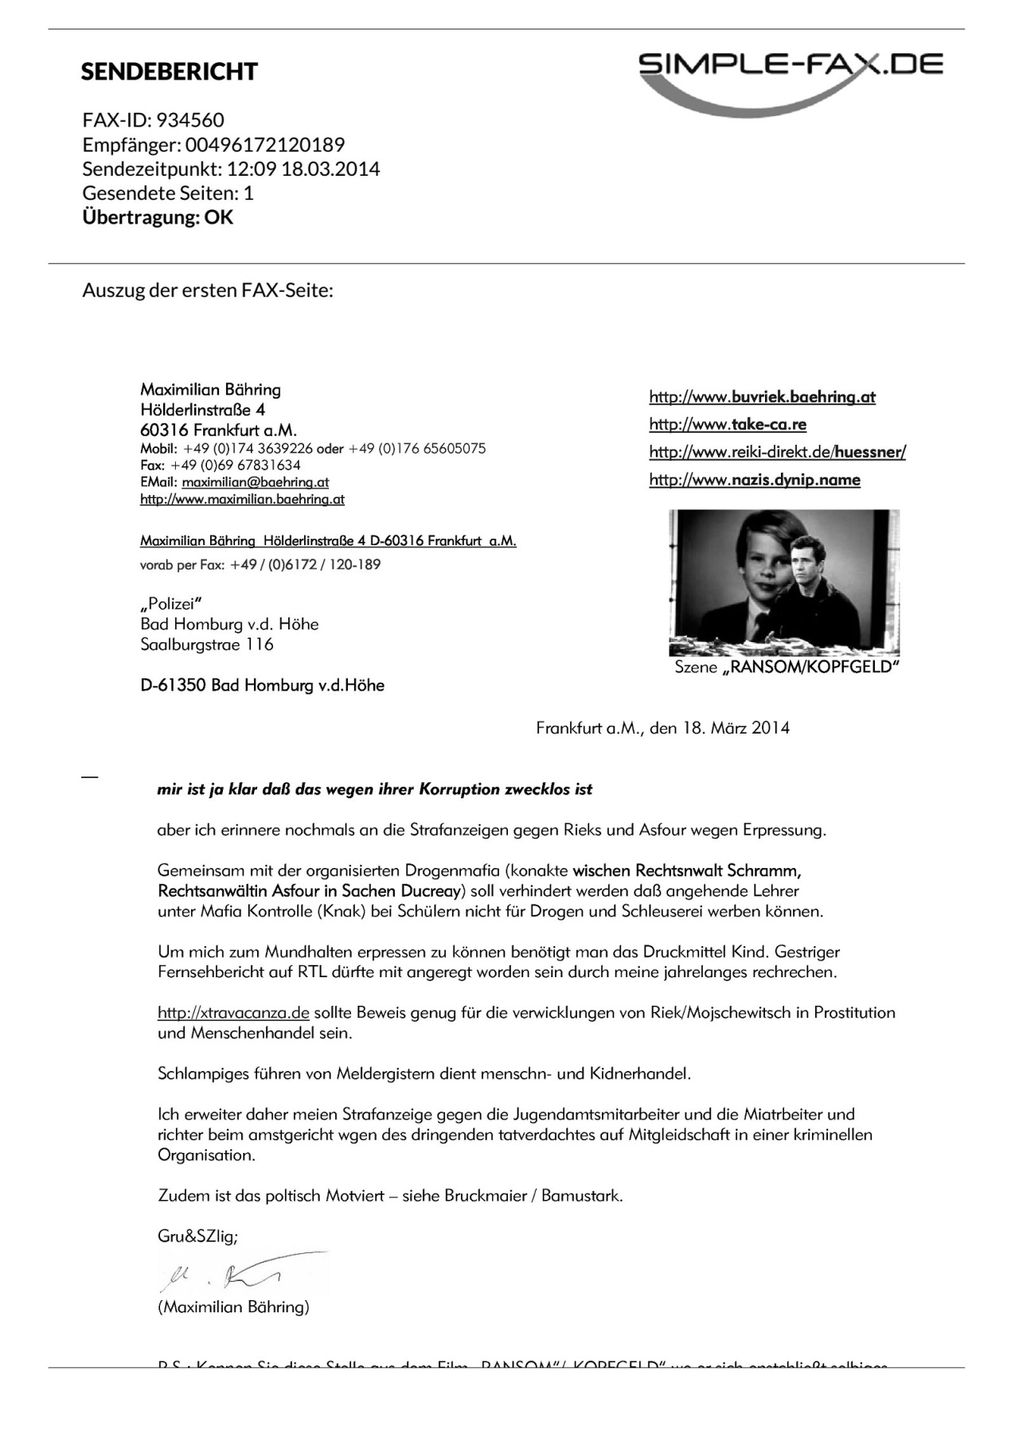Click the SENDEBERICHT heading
tap(169, 72)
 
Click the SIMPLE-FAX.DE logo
tap(791, 76)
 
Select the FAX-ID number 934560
tap(190, 120)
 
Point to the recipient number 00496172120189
tap(265, 145)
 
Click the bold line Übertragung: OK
tap(158, 217)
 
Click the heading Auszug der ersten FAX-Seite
tap(208, 290)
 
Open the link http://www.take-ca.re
tap(728, 424)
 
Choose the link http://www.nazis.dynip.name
tap(755, 480)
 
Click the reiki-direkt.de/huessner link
tap(777, 452)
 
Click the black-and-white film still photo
tap(784, 582)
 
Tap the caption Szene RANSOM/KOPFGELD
tap(787, 667)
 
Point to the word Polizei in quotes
tap(171, 604)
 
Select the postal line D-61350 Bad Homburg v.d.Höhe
tap(262, 685)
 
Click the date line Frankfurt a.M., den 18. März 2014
tap(662, 727)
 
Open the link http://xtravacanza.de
tap(233, 1013)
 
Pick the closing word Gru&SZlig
tap(197, 1237)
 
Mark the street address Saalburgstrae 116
tap(207, 645)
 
